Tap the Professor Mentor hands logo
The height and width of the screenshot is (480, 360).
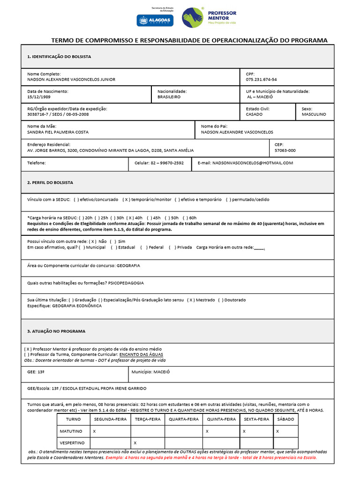point(192,17)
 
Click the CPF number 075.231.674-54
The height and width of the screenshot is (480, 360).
point(261,80)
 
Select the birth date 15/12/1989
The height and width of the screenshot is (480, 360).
point(39,97)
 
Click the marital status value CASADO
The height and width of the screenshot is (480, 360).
point(254,114)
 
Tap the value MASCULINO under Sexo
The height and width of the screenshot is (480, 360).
point(314,114)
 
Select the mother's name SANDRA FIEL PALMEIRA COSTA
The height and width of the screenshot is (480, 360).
point(58,132)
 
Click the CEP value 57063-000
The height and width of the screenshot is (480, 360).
point(285,150)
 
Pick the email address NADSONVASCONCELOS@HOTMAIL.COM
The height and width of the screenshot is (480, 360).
point(253,163)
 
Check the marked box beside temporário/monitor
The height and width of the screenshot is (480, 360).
point(126,199)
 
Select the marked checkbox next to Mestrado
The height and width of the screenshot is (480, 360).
point(190,300)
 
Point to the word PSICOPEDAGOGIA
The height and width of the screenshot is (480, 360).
point(126,283)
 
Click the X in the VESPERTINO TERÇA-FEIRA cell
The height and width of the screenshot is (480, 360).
point(135,442)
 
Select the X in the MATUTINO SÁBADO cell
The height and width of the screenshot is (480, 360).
point(278,431)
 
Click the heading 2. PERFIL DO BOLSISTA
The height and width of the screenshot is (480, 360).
point(50,182)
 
